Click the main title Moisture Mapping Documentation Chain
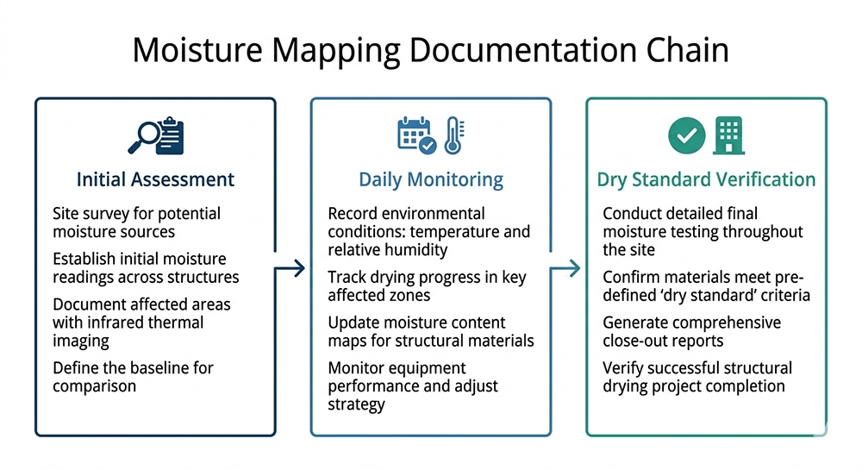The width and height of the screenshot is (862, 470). click(430, 50)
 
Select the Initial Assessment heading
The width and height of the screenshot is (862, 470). click(155, 179)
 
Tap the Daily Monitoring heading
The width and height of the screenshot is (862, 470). click(430, 179)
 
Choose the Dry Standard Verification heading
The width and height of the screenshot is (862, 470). click(706, 179)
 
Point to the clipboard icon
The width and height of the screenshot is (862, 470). click(171, 135)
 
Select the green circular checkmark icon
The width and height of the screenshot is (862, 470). click(687, 135)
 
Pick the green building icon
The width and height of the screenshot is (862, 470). click(728, 135)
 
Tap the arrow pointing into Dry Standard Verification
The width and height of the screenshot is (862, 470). click(567, 269)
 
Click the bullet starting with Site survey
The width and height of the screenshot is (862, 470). click(137, 222)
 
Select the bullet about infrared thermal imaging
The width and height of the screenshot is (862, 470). click(141, 323)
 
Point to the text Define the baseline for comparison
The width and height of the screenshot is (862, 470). click(133, 377)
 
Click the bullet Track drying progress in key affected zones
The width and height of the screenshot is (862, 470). click(427, 286)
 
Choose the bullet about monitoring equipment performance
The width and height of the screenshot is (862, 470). click(413, 385)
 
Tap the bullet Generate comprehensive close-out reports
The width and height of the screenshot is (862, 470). click(691, 331)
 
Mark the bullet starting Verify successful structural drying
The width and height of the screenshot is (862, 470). click(696, 377)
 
